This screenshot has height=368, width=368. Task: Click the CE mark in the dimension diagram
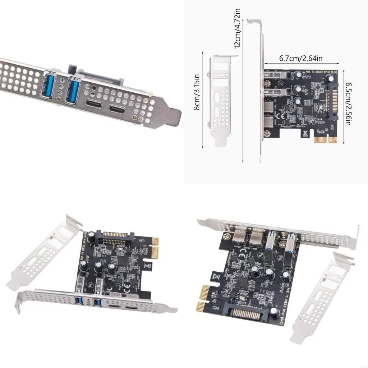[x=281, y=116]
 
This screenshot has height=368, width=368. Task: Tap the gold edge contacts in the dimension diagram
[x=326, y=139]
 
